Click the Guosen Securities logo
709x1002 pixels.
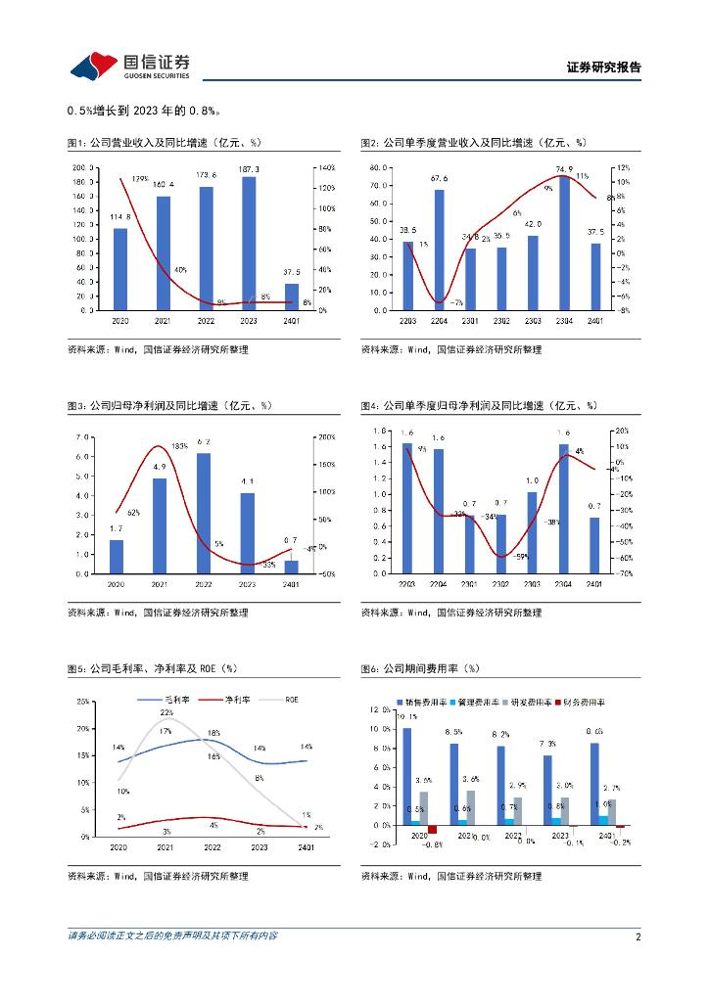click(x=129, y=66)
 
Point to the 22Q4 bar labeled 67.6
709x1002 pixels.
click(x=439, y=250)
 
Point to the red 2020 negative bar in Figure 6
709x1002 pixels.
click(x=432, y=829)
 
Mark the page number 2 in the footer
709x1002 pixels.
click(x=638, y=936)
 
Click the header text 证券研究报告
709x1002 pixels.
click(x=604, y=68)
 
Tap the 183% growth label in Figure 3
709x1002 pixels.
click(x=179, y=446)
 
